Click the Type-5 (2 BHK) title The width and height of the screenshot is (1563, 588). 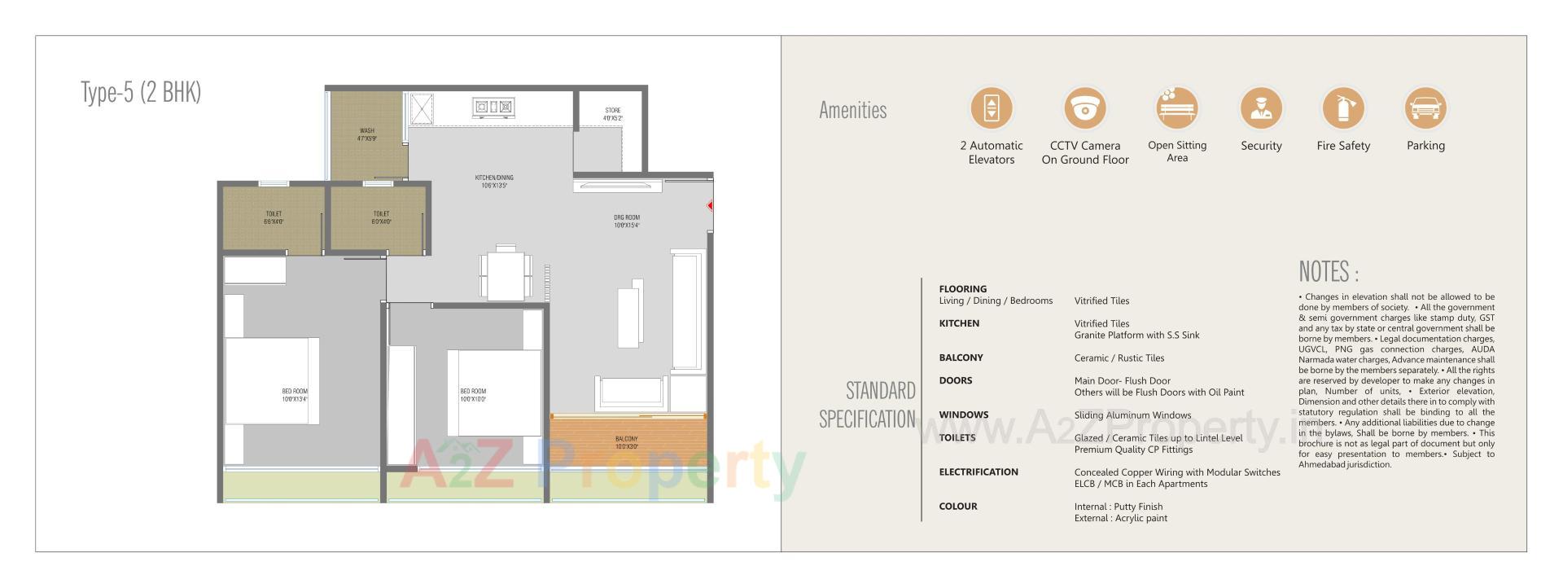pyautogui.click(x=141, y=93)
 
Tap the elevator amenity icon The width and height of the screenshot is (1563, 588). pyautogui.click(x=991, y=108)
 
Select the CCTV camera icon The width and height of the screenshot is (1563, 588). pyautogui.click(x=1084, y=108)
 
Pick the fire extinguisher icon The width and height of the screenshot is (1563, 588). pyautogui.click(x=1342, y=108)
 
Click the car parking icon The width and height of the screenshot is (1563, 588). pyautogui.click(x=1425, y=108)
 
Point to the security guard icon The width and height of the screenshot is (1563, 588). pyautogui.click(x=1260, y=108)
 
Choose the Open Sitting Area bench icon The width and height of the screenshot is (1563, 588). pyautogui.click(x=1177, y=108)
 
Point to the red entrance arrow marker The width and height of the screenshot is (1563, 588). pyautogui.click(x=710, y=206)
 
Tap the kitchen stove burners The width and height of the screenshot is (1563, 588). pyautogui.click(x=493, y=106)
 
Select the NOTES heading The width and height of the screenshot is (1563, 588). pyautogui.click(x=1329, y=272)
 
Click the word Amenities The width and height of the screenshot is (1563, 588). pyautogui.click(x=852, y=111)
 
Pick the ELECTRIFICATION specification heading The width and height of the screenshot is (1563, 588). pyautogui.click(x=978, y=472)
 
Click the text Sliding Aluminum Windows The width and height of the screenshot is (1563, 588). pyautogui.click(x=1132, y=415)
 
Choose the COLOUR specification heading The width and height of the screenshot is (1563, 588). pyautogui.click(x=957, y=507)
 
